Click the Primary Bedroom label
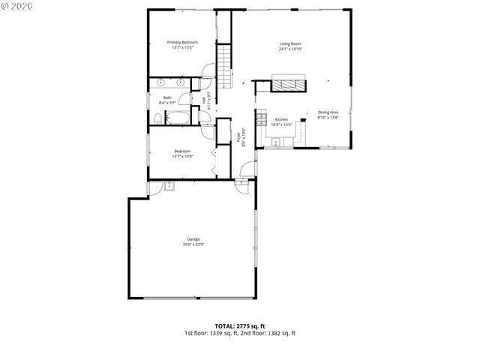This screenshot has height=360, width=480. (x=182, y=43)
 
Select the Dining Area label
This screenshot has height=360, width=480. (x=328, y=112)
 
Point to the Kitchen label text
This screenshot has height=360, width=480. (x=281, y=120)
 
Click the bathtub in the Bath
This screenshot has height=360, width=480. (x=178, y=118)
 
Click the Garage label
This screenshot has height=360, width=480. (x=193, y=239)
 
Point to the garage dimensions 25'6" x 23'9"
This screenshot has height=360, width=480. (x=193, y=244)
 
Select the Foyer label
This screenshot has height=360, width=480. (x=239, y=137)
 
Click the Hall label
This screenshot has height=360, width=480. (x=203, y=99)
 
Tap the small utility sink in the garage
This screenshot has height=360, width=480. (x=170, y=184)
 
